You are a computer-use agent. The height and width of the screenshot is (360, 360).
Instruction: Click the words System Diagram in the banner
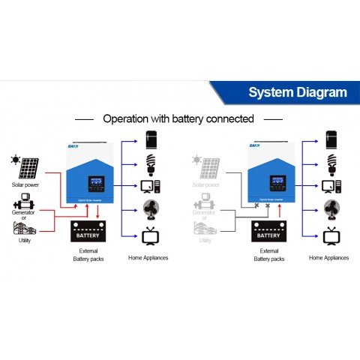(298, 93)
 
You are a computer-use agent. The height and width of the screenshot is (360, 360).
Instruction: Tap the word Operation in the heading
(129, 118)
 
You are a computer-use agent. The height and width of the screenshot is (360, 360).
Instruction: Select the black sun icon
(15, 160)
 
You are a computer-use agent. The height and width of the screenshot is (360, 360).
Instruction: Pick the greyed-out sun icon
(196, 160)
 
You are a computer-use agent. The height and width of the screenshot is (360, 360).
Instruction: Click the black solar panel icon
(31, 167)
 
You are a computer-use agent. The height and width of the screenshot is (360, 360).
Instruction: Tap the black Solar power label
(26, 184)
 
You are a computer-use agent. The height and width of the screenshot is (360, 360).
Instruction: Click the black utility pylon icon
(25, 227)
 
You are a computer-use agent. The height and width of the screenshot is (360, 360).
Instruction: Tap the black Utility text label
(25, 241)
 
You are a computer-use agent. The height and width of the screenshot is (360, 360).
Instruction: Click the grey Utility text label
(205, 241)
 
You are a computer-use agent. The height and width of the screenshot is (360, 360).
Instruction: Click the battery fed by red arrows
(88, 233)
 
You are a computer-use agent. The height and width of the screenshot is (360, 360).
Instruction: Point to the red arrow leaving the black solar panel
(52, 180)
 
